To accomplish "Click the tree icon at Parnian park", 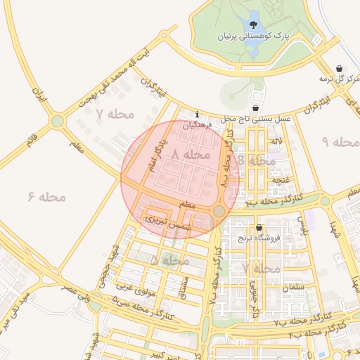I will [252, 26].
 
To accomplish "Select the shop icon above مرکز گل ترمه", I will [340, 68].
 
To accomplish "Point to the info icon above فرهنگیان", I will [198, 114].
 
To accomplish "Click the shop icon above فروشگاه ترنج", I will [259, 228].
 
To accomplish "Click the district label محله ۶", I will [47, 196].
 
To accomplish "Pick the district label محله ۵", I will [169, 260].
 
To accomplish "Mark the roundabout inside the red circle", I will [219, 211].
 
